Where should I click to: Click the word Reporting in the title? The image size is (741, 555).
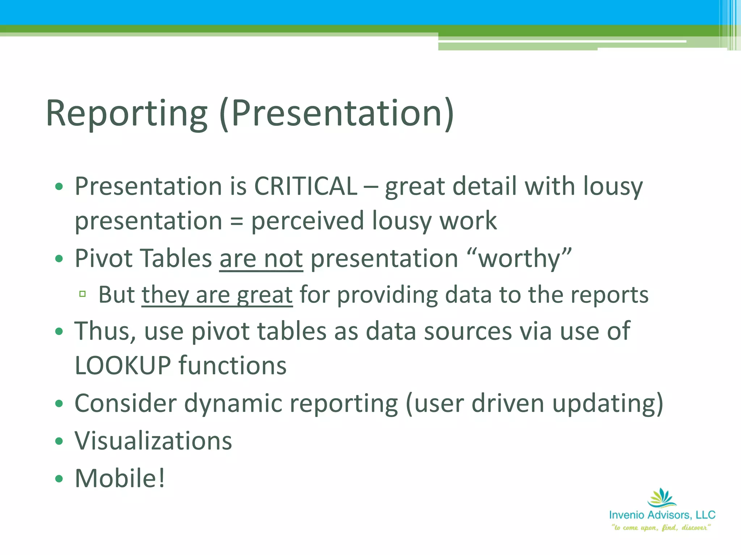127,114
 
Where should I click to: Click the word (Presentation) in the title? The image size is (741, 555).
336,114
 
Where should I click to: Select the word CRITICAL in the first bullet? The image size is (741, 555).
306,186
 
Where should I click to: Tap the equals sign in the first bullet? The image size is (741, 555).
236,221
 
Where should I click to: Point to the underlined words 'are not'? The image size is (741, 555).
261,259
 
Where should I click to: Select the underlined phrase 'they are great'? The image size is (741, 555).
217,295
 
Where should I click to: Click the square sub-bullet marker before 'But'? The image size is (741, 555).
82,294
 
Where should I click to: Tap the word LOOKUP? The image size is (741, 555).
123,366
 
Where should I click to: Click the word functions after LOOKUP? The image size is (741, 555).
233,366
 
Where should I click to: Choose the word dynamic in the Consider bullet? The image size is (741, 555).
233,403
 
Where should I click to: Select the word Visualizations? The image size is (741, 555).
153,441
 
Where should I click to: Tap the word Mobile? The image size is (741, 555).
120,478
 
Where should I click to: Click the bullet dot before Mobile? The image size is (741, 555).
59,479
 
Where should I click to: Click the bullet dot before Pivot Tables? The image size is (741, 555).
59,259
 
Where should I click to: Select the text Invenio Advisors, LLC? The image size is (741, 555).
662,515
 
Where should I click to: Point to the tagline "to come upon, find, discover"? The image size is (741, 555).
661,528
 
